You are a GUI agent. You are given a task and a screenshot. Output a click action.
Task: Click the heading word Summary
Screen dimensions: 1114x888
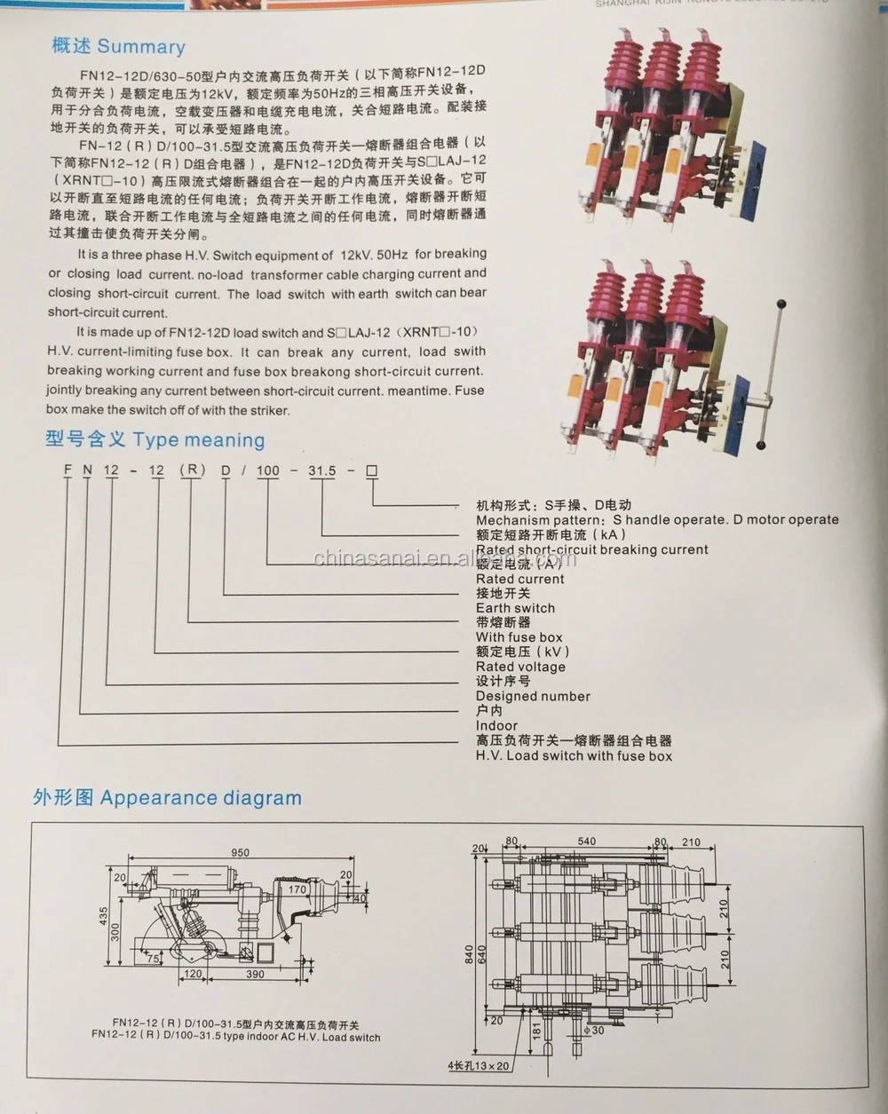(141, 47)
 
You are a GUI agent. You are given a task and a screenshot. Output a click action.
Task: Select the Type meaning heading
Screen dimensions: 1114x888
(199, 440)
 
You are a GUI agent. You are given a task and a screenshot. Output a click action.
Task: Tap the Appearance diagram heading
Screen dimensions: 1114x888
(201, 798)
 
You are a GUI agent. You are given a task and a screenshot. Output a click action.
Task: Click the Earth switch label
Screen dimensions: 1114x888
(515, 608)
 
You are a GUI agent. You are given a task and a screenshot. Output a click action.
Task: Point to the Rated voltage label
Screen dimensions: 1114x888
(520, 667)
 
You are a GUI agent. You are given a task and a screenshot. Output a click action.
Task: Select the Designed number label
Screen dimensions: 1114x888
(533, 696)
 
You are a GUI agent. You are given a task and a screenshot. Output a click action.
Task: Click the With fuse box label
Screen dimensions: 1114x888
(519, 637)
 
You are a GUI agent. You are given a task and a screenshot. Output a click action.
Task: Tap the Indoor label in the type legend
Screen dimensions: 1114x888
(496, 725)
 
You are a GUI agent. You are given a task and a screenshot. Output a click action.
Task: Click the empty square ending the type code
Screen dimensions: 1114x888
(372, 470)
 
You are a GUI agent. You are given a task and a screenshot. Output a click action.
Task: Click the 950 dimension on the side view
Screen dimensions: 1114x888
(240, 852)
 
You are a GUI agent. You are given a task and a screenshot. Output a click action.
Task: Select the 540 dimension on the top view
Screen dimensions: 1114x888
(587, 841)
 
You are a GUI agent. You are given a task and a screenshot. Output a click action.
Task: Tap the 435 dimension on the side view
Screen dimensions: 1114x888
(104, 914)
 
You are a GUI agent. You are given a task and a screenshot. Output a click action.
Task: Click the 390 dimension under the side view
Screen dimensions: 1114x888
(255, 974)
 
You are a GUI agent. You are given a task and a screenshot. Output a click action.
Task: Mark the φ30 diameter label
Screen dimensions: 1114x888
(595, 1031)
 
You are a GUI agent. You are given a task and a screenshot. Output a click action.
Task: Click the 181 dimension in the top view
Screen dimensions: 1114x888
(536, 1030)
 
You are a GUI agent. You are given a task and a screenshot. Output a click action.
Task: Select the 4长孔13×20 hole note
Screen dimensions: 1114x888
(478, 1066)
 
